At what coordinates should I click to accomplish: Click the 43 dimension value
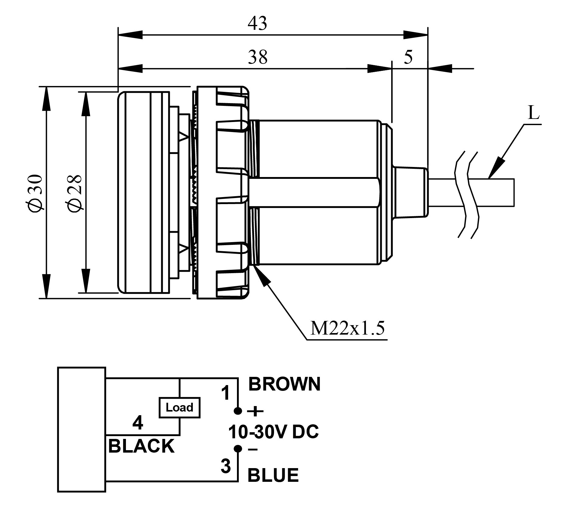coord(257,23)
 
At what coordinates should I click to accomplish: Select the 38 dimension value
coord(257,57)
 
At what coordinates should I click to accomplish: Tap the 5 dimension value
coord(408,57)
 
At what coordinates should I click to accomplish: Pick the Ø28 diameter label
coord(75,193)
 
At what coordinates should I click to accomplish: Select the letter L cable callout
coord(534,113)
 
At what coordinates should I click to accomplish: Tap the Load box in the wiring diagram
coord(179,407)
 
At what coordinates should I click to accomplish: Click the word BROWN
coord(284,384)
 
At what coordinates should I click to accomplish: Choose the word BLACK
coord(141,446)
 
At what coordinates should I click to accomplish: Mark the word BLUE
coord(273,475)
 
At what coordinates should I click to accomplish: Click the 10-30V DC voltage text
coord(273,432)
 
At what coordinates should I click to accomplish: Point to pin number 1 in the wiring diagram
coord(225,393)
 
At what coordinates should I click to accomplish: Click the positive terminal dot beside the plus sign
coord(238,411)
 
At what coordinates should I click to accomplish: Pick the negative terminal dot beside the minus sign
coord(238,449)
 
